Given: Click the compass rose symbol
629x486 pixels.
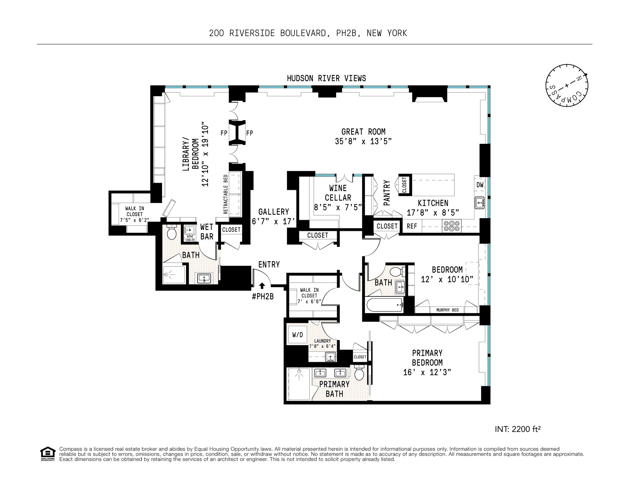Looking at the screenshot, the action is pyautogui.click(x=567, y=85).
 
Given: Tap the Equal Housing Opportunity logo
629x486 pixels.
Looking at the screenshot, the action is pyautogui.click(x=48, y=454).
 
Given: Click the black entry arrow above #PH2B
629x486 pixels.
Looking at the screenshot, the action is pyautogui.click(x=262, y=286).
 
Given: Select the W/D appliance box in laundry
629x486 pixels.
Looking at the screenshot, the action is pyautogui.click(x=297, y=335).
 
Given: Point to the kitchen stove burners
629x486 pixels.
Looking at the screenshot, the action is pyautogui.click(x=451, y=226).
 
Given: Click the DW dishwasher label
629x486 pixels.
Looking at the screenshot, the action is pyautogui.click(x=480, y=185).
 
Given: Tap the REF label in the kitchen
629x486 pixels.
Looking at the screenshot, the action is pyautogui.click(x=412, y=226).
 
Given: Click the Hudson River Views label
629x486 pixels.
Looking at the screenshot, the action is pyautogui.click(x=326, y=78).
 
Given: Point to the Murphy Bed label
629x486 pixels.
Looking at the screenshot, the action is pyautogui.click(x=448, y=310).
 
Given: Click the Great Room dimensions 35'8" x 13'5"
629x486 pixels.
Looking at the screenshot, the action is pyautogui.click(x=363, y=141).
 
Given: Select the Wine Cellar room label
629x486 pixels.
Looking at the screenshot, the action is pyautogui.click(x=338, y=193).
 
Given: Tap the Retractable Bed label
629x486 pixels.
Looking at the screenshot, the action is pyautogui.click(x=225, y=195).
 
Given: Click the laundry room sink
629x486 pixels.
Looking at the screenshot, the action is pyautogui.click(x=331, y=357).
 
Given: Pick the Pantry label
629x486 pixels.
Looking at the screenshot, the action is pyautogui.click(x=387, y=193).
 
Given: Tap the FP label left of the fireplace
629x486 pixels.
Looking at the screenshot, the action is pyautogui.click(x=224, y=133).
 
